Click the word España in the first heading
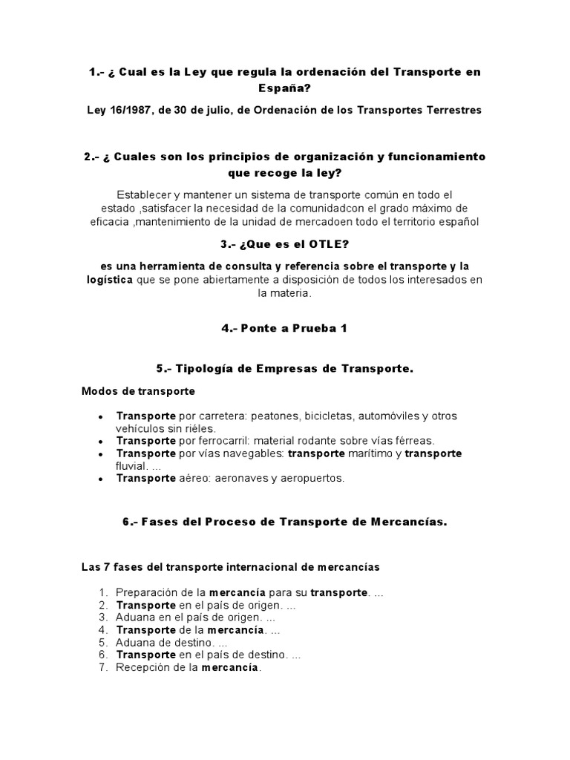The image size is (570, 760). [285, 88]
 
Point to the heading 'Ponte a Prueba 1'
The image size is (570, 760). [284, 329]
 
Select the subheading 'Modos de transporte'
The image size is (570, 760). [138, 390]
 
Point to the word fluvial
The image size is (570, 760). [132, 466]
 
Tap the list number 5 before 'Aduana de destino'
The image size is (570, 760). [104, 642]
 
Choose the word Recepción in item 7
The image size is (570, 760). [142, 667]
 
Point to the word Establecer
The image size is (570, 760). [147, 194]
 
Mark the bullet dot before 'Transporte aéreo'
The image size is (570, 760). [100, 479]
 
